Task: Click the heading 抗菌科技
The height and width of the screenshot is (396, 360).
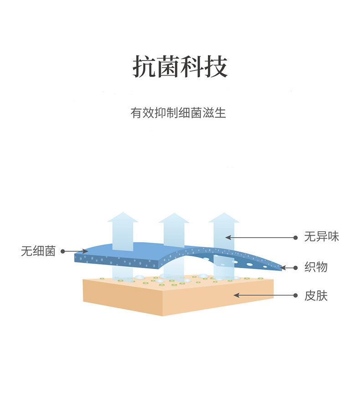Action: [x=180, y=66]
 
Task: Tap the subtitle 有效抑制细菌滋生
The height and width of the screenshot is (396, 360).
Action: [x=178, y=112]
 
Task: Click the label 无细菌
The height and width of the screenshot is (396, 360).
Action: [x=38, y=251]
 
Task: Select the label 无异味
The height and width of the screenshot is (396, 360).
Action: [x=321, y=237]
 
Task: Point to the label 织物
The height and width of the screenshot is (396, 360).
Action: [x=316, y=267]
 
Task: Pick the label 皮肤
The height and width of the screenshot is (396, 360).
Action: [x=316, y=296]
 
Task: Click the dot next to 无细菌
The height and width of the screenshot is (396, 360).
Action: [x=63, y=251]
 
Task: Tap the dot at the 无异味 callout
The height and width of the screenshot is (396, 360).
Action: [x=296, y=238]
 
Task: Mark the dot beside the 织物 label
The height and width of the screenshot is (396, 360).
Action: [x=296, y=268]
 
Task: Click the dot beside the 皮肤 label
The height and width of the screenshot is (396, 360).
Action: [x=296, y=295]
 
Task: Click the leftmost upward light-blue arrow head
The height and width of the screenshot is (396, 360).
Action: [x=123, y=217]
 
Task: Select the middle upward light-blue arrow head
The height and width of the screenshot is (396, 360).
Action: [x=174, y=218]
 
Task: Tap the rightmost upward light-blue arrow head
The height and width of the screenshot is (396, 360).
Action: [x=224, y=218]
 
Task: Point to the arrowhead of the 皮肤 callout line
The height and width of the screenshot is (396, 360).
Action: [x=237, y=295]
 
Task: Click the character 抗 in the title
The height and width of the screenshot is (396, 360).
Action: [x=144, y=66]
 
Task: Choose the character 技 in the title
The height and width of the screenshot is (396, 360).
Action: [x=216, y=66]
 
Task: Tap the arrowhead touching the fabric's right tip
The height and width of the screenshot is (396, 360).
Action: [x=283, y=268]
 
